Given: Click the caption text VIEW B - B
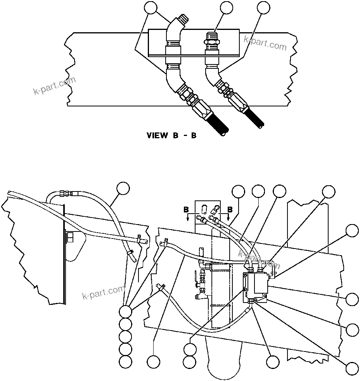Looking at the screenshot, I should [x=171, y=136].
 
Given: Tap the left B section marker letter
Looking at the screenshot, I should [x=187, y=210].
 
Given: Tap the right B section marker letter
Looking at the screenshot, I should [x=230, y=210].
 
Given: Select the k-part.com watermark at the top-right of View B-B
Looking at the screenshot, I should [x=265, y=43].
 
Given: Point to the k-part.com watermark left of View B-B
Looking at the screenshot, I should [x=54, y=86].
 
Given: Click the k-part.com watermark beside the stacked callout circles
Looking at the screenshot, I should [x=104, y=292].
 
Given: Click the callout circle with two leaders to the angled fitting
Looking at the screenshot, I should [x=151, y=7].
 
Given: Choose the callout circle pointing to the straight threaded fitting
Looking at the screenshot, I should [x=227, y=7].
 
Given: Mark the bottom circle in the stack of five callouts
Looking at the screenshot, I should [x=125, y=362].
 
